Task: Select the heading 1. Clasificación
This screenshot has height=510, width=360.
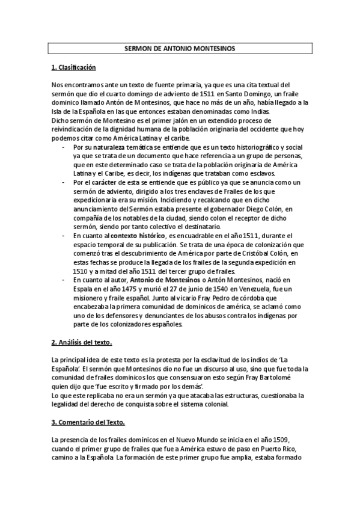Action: coord(73,67)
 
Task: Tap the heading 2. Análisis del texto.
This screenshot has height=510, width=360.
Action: coord(82,342)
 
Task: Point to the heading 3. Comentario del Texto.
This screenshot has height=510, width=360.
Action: coord(88,422)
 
